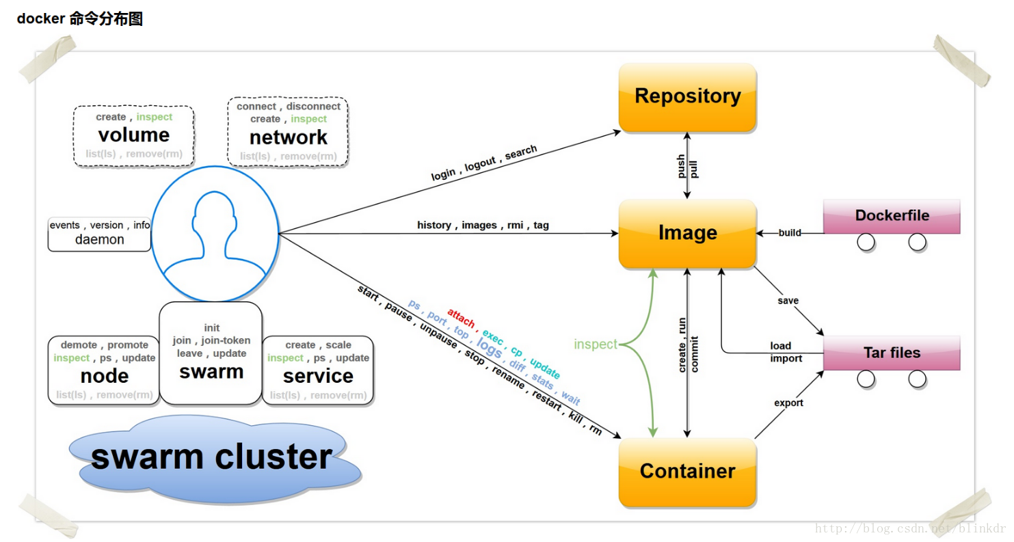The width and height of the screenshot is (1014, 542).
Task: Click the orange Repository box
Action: click(x=687, y=96)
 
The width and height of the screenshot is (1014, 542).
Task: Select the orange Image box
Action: click(x=687, y=233)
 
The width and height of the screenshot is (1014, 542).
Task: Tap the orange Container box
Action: click(x=687, y=472)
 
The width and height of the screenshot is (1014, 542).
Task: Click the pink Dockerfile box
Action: click(x=892, y=216)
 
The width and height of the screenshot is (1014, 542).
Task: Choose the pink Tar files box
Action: click(x=892, y=353)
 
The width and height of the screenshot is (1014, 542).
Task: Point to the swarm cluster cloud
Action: click(x=212, y=457)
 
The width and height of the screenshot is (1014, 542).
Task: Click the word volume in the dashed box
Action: click(x=133, y=135)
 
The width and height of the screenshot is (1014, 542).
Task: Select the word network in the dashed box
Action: click(x=288, y=137)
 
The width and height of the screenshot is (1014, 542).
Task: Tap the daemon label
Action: click(x=100, y=240)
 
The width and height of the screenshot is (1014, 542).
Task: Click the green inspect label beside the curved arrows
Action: click(x=596, y=344)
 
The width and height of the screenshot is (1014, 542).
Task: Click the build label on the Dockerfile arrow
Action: click(x=790, y=233)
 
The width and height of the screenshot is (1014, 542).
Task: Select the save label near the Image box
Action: click(x=788, y=301)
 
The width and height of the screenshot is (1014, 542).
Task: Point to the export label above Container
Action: click(x=788, y=403)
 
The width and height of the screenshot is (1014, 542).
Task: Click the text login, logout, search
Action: click(x=484, y=163)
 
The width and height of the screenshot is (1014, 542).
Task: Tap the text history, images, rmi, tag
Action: click(x=483, y=225)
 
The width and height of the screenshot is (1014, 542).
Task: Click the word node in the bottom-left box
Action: click(x=104, y=376)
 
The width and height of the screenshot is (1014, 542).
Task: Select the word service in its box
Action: click(x=318, y=376)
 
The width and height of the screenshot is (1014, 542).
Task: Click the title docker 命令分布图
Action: click(x=79, y=19)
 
